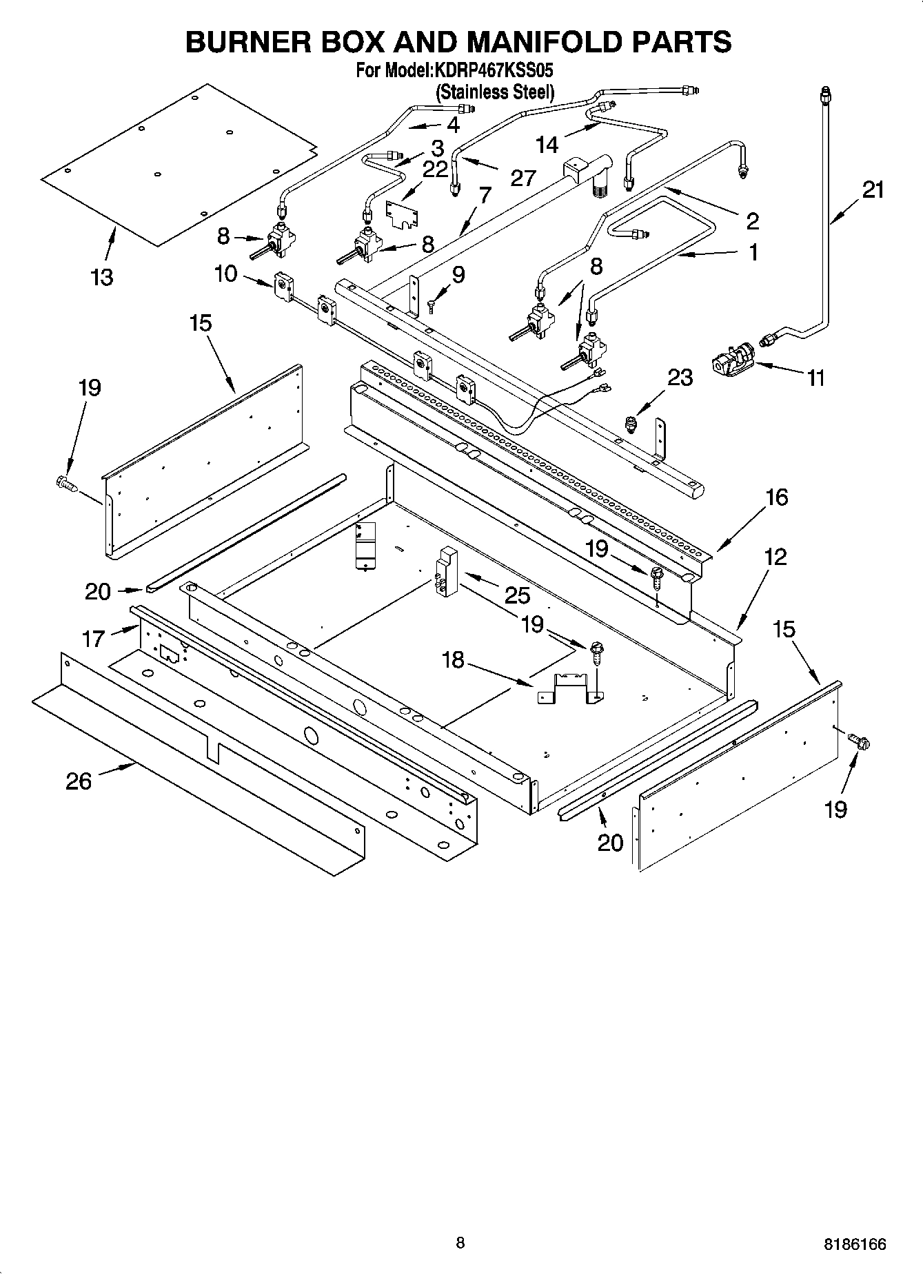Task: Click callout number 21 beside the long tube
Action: (x=873, y=189)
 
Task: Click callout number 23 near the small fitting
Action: (x=680, y=378)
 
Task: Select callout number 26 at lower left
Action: (x=79, y=781)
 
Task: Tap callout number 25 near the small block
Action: (x=517, y=595)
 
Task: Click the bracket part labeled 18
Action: (x=569, y=689)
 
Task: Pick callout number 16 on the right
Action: (x=776, y=497)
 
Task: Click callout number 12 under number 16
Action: (x=775, y=557)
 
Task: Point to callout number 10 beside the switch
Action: (x=225, y=274)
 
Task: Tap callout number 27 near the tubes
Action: (x=523, y=178)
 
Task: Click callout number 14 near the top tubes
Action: (x=547, y=145)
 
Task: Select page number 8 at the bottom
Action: (x=460, y=1243)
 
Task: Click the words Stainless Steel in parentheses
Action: (x=494, y=92)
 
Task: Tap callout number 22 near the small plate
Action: (x=435, y=169)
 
